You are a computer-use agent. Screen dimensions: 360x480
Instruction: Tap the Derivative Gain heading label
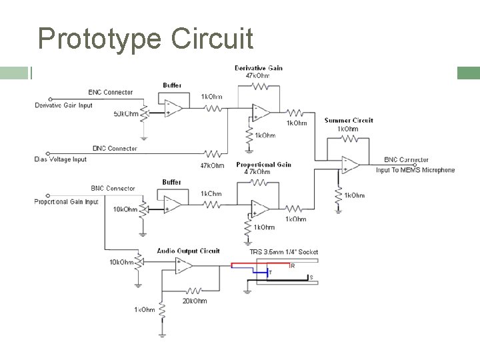coord(259,68)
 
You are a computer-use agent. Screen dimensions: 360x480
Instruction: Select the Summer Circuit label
coord(349,121)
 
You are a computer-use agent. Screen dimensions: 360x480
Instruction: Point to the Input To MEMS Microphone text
coord(415,170)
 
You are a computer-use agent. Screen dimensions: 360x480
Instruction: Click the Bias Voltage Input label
coord(60,159)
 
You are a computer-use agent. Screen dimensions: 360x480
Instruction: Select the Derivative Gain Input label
coord(63,105)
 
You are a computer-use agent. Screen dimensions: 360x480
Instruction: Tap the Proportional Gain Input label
coord(66,201)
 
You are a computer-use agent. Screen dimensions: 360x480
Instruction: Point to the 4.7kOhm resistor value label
coord(258,172)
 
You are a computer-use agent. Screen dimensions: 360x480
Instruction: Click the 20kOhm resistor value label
coord(195,301)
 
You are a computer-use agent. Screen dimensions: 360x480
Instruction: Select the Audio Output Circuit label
coord(188,251)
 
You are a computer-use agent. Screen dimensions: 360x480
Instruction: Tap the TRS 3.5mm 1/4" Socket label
coord(284,252)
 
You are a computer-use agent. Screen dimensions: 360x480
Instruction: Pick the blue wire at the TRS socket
coord(260,272)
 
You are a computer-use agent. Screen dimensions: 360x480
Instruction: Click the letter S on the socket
coord(311,277)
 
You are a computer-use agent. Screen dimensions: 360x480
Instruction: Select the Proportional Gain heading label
coord(263,164)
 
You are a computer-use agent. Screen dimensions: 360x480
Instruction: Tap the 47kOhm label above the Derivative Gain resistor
coord(259,76)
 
